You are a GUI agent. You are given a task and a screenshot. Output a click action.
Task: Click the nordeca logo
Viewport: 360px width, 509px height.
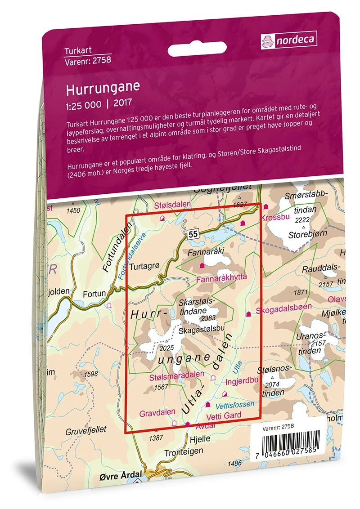[289, 40]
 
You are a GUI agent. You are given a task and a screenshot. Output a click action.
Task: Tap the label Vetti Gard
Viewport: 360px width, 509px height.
[223, 415]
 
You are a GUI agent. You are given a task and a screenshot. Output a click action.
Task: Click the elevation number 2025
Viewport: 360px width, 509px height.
[166, 347]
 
